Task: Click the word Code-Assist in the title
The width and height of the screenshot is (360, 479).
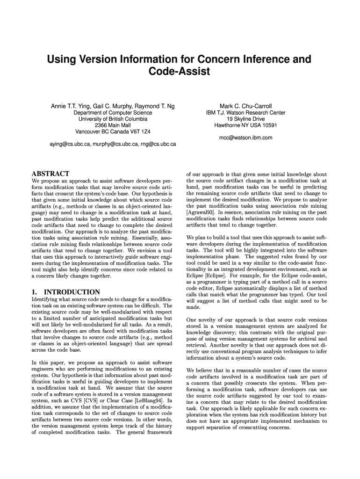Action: (x=180, y=72)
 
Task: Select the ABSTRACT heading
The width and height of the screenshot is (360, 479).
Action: (x=50, y=174)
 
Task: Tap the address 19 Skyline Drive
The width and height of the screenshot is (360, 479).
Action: (x=245, y=119)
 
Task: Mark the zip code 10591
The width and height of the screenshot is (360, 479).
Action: (x=268, y=125)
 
